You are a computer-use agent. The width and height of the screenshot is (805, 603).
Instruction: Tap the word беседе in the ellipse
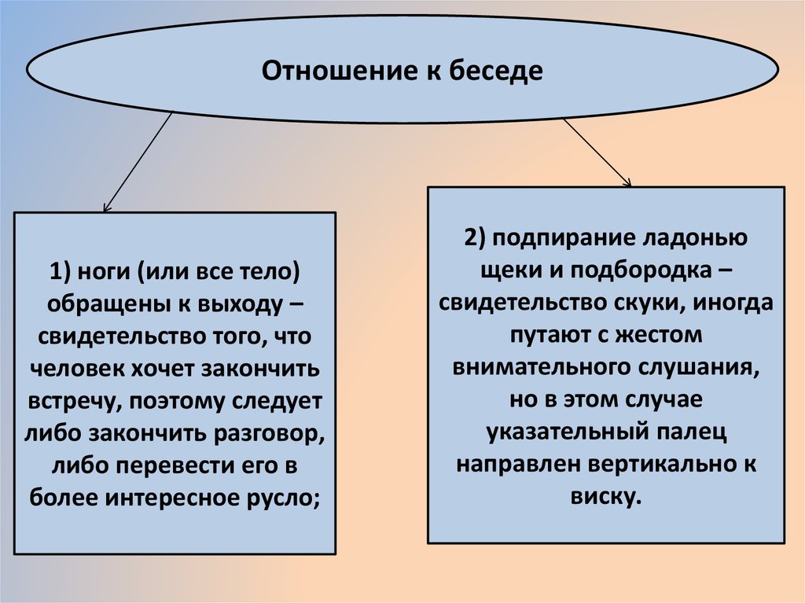(x=497, y=72)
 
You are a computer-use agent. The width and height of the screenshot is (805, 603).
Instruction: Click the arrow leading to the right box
(x=597, y=153)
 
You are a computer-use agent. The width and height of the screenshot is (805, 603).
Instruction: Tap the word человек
(x=80, y=369)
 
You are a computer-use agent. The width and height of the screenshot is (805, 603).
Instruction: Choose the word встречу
(x=71, y=401)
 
